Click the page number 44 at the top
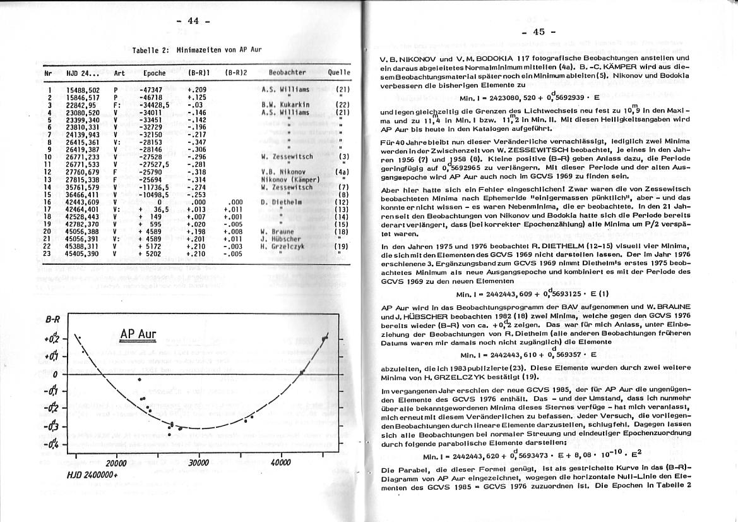193,21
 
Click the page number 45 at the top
538,32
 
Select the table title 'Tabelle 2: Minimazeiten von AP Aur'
196,49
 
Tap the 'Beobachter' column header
287,73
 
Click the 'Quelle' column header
338,73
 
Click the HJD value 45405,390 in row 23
83,253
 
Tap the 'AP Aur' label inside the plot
138,335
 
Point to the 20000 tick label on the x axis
116,463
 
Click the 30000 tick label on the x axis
198,463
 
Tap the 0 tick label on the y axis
56,374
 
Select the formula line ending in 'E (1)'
532,294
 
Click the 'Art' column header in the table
119,73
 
